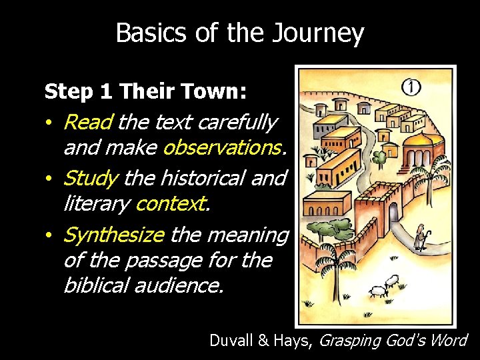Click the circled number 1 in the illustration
(x=411, y=87)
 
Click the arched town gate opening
(x=394, y=212)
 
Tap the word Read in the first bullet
(x=89, y=123)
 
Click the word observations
(x=225, y=147)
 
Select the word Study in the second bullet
(x=91, y=179)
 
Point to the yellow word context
(x=172, y=203)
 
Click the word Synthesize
(x=113, y=235)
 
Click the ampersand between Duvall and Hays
(x=261, y=341)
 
